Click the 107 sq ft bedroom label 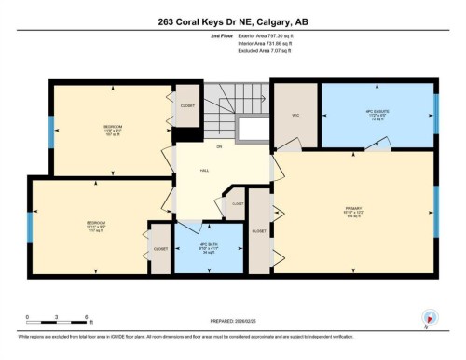112,127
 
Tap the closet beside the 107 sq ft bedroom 187,107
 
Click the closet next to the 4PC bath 160,249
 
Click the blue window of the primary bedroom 435,210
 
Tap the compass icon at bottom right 430,317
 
